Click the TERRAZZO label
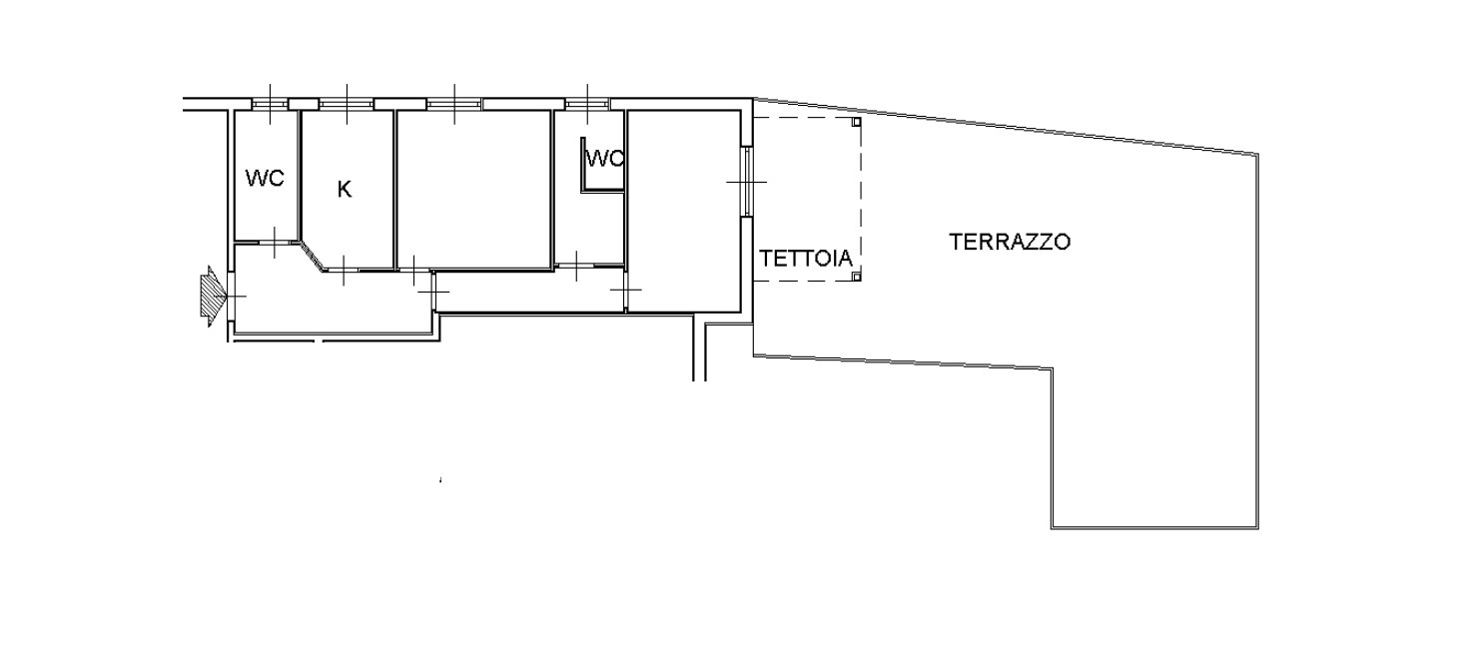[x=1010, y=242]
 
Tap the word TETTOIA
[x=806, y=258]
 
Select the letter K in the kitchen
[x=345, y=190]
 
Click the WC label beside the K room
[x=265, y=178]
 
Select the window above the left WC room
[x=270, y=104]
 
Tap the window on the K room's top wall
[x=347, y=104]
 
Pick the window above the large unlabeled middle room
[x=453, y=104]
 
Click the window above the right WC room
[x=587, y=104]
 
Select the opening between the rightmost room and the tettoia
[x=747, y=181]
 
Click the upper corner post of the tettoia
[x=856, y=122]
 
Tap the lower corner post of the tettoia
[x=856, y=278]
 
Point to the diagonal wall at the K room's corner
[x=312, y=256]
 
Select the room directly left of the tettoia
[x=684, y=211]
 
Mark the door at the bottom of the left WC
[x=275, y=243]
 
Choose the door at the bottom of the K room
[x=344, y=270]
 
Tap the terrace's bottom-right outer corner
[x=1258, y=528]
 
